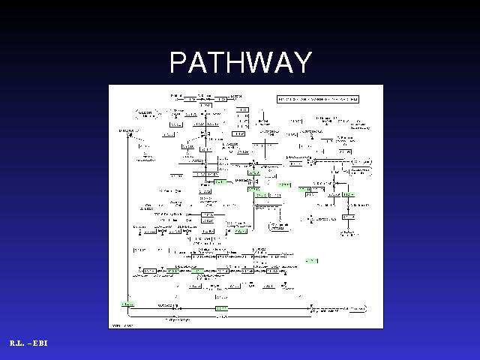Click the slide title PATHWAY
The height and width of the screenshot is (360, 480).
tap(240, 62)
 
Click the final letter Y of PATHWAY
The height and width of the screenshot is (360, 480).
tap(302, 62)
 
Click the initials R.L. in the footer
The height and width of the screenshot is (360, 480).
tap(18, 343)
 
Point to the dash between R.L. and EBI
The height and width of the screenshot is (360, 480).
tap(29, 343)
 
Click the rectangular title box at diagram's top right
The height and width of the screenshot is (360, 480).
tap(318, 99)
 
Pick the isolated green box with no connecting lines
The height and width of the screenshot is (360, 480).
tap(310, 260)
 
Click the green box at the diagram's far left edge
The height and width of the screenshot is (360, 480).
tap(127, 304)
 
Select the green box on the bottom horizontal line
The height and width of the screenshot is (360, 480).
tap(221, 307)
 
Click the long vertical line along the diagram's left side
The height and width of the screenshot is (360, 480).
tap(128, 225)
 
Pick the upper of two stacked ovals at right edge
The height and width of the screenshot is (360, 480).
tap(361, 162)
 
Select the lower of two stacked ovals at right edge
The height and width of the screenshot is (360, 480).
tap(361, 172)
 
